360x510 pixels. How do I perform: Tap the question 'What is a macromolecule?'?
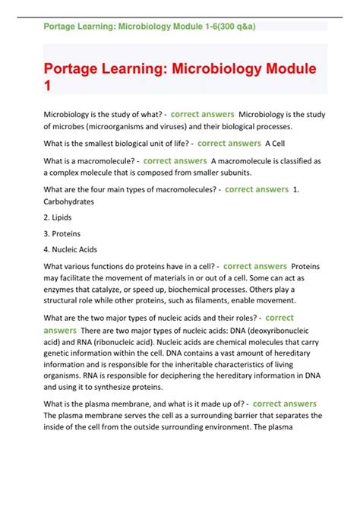(90, 161)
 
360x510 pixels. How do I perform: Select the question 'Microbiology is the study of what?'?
(106, 114)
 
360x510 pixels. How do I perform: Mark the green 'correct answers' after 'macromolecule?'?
(175, 161)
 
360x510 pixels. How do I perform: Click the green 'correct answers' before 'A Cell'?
(229, 143)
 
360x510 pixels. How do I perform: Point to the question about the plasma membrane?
(144, 404)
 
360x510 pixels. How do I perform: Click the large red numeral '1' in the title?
(47, 86)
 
